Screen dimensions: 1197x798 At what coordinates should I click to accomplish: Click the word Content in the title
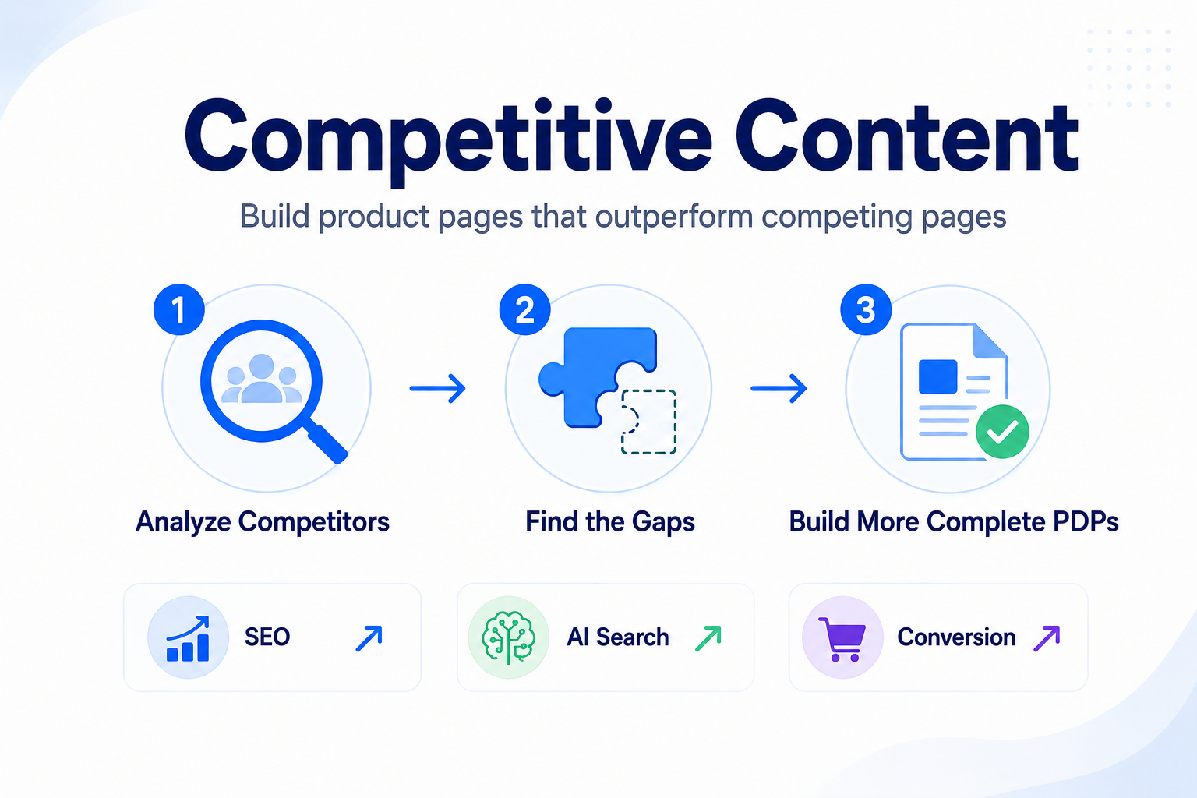[907, 136]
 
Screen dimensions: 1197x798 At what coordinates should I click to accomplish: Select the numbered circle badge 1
[179, 309]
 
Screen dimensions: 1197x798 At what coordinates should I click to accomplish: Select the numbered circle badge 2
[524, 309]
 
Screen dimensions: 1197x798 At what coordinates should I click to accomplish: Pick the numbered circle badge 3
[866, 309]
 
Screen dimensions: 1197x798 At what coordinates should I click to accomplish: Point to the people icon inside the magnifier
[262, 379]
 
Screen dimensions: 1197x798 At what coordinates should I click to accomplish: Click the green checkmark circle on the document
[1002, 432]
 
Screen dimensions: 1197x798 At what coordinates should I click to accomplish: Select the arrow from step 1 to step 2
[438, 388]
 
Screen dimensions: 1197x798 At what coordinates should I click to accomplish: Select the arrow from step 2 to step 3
[779, 388]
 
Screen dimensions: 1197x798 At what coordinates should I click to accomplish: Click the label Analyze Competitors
[263, 521]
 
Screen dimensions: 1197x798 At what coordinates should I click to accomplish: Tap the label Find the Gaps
[610, 521]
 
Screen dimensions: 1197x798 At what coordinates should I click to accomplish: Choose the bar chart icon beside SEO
[188, 638]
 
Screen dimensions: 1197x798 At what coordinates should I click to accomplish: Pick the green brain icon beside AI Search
[509, 637]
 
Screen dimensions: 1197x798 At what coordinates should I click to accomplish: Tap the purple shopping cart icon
[842, 639]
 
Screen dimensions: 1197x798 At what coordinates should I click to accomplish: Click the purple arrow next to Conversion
[1047, 638]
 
